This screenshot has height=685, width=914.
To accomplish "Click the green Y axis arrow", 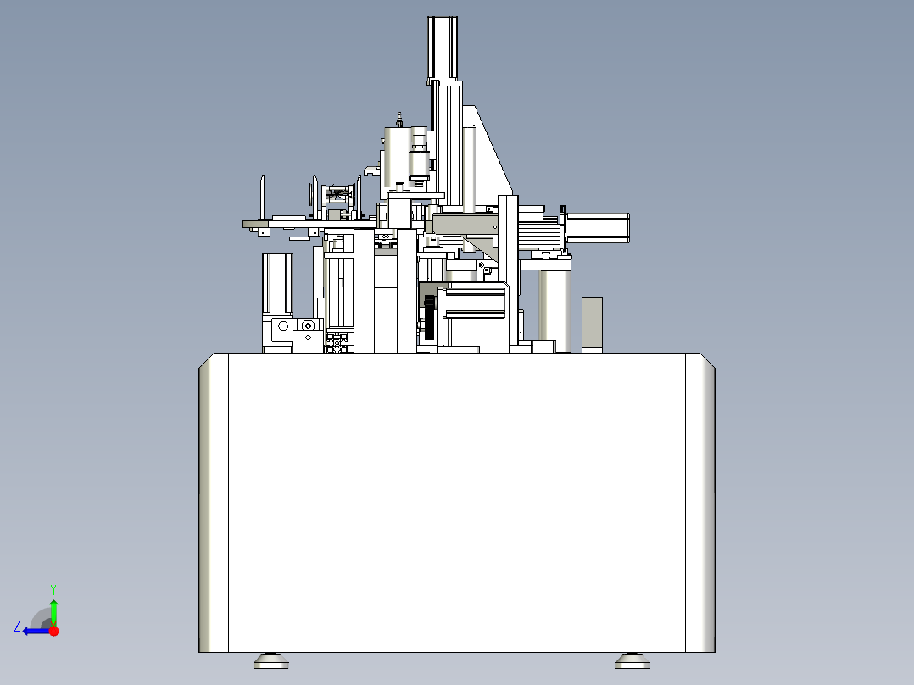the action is [53, 612].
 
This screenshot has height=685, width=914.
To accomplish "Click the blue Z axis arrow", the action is [36, 631].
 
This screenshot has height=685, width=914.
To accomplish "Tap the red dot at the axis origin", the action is [53, 631].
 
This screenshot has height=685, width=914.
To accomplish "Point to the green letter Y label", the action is [53, 589].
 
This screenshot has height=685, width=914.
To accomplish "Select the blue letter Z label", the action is [17, 627].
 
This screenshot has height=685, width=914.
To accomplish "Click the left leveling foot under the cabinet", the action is [271, 660].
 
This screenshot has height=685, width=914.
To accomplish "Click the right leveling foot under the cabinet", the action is [633, 660].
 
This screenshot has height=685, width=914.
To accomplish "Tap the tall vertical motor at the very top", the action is [443, 47].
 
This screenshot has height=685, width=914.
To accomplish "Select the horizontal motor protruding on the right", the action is [597, 228].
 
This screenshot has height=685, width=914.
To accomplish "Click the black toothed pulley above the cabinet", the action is [430, 317].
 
